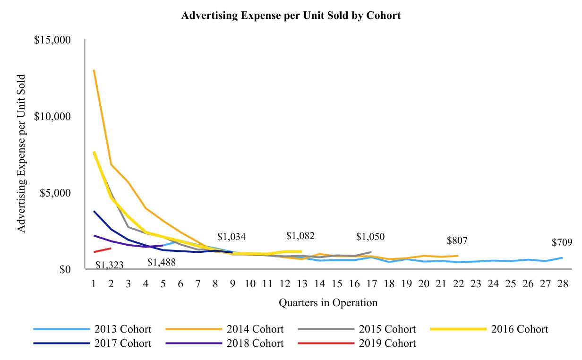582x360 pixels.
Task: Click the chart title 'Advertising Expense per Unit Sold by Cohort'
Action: (x=291, y=16)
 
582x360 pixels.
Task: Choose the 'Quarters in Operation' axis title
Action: (x=328, y=302)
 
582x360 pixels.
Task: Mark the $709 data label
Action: (x=562, y=243)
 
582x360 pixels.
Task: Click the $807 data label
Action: (x=457, y=241)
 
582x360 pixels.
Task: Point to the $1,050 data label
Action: (x=371, y=237)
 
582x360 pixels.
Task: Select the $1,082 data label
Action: (x=300, y=236)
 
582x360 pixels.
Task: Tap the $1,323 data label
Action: (x=109, y=265)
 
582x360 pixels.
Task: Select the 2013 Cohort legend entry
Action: (x=123, y=329)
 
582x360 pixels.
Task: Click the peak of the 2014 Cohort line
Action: (x=94, y=70)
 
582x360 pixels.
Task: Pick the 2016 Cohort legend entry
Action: (x=520, y=329)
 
